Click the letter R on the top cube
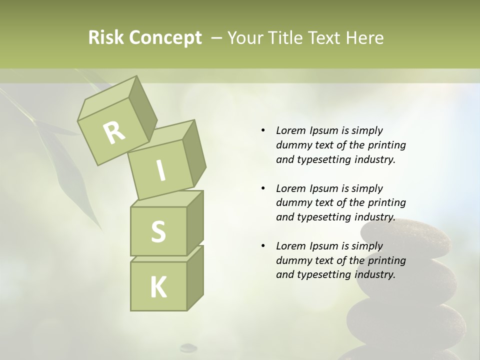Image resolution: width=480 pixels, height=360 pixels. [x=114, y=132]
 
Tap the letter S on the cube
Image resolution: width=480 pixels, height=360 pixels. [x=158, y=231]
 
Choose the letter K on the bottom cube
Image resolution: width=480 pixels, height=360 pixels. [x=158, y=287]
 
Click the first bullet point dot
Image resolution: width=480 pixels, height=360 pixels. [x=263, y=130]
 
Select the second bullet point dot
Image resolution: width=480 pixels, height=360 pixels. [x=263, y=188]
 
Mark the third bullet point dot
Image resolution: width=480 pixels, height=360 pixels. [x=263, y=246]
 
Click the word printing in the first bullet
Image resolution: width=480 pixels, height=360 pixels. [x=386, y=145]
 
